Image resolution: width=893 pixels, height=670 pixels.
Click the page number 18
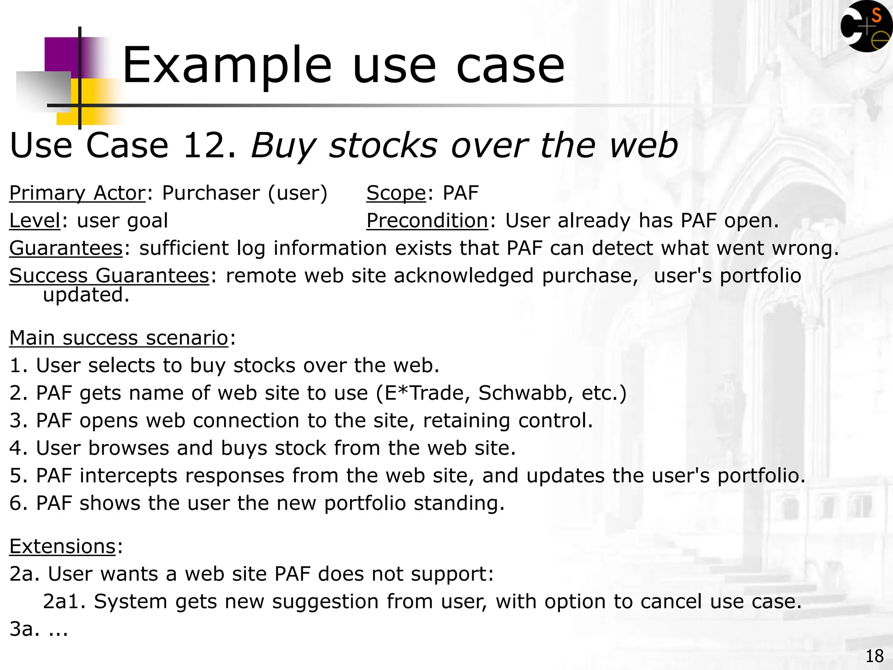click(x=874, y=656)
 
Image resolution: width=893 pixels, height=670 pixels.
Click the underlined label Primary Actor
click(x=77, y=193)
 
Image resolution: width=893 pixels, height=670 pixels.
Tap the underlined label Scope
click(x=395, y=193)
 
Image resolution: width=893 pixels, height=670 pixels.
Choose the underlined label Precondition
click(x=427, y=221)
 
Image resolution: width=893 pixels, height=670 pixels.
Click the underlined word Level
click(x=34, y=221)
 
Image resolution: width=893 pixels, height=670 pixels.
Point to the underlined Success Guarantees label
click(x=109, y=276)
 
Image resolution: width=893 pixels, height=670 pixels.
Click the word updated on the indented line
click(x=86, y=295)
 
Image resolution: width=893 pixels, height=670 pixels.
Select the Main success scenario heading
click(x=119, y=338)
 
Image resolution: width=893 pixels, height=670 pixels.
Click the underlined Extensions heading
click(x=62, y=547)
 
